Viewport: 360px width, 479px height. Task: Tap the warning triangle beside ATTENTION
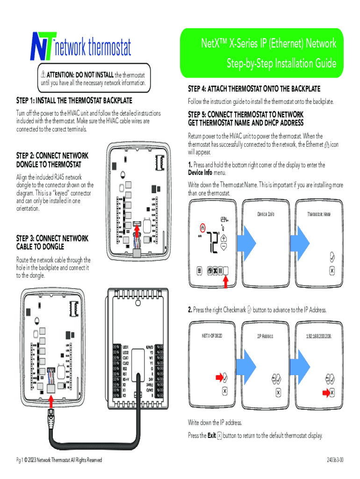(43, 75)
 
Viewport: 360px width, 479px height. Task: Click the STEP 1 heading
(74, 101)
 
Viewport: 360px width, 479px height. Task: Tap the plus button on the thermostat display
(223, 238)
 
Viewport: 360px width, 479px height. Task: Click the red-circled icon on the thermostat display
(202, 228)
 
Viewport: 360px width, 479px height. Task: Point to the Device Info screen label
(266, 214)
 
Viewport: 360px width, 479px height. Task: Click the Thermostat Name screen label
(319, 214)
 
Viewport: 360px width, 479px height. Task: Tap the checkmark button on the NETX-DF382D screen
(225, 377)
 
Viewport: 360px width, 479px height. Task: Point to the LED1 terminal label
(125, 347)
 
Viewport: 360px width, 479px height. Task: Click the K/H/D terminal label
(150, 347)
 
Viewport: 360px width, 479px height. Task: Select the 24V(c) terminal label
(150, 385)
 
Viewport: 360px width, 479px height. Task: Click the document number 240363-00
(335, 460)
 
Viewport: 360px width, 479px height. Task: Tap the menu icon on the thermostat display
(199, 270)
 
